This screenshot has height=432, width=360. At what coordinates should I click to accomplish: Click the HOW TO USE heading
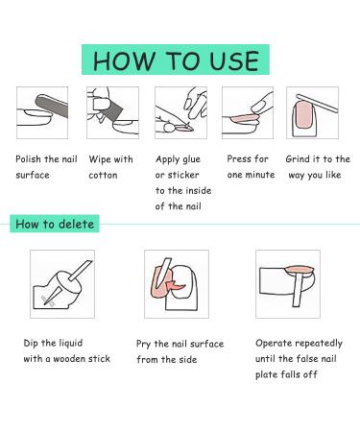click(176, 60)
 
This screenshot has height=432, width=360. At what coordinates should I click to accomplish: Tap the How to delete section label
click(55, 224)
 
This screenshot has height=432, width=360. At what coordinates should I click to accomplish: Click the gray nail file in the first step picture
click(51, 106)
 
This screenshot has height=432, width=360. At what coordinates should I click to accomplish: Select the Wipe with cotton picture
click(112, 112)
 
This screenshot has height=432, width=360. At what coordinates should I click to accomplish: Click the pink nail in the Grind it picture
click(303, 115)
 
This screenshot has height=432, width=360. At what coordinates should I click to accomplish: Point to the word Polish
click(28, 159)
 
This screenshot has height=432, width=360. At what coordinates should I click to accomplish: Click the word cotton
click(103, 175)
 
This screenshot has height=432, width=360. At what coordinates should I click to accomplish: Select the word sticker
click(183, 175)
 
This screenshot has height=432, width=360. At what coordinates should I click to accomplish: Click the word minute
click(260, 175)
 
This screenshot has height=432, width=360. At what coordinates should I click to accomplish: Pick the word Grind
click(298, 159)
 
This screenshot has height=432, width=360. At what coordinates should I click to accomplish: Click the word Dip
click(31, 344)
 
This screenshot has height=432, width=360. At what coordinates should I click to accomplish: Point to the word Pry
click(143, 344)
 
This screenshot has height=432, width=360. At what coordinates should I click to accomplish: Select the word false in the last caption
click(306, 358)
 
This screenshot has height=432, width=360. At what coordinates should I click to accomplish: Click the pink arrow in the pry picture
click(176, 284)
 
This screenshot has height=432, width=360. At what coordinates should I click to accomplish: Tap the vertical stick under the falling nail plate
click(298, 289)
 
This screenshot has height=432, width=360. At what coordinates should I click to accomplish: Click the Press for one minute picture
click(248, 112)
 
